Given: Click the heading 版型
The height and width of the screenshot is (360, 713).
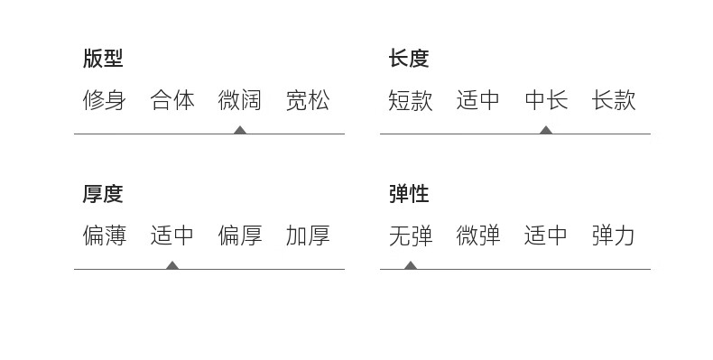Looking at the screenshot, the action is coord(103,58).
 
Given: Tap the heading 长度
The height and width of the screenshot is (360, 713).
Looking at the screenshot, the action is coord(409,58).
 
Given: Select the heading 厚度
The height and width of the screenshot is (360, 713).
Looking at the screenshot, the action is coord(103,194).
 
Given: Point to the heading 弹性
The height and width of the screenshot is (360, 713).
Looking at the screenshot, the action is coord(409,194).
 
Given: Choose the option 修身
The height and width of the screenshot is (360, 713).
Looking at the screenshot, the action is coord(104,100).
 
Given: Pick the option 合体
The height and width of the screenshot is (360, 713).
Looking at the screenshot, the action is coord(172,100).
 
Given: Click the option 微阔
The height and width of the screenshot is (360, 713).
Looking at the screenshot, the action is coord(240,100).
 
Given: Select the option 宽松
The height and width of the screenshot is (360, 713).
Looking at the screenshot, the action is coord(308,100).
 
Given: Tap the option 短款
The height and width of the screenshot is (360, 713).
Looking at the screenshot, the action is coord(410,100).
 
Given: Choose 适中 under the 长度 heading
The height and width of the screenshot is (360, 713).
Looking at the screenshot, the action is coord(478,100).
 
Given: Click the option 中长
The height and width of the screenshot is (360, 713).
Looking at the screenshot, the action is coord(546,100).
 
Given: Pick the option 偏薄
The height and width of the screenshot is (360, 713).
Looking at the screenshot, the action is coord(104,235).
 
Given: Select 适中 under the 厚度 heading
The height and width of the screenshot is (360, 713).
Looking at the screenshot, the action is coord(172,235).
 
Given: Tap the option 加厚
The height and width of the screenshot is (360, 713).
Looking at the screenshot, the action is coord(308,235).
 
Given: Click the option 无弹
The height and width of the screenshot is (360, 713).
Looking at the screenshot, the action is coord(410,235).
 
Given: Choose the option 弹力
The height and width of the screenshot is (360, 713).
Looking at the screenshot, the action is coord(614,235).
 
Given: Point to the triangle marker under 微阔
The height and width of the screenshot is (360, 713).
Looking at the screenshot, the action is coord(240,131).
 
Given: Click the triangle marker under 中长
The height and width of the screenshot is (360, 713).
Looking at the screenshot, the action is coord(546,131).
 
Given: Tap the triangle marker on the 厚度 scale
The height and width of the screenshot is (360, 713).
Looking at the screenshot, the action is coord(172,265).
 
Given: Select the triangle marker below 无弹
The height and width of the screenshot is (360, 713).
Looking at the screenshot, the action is coord(411,265).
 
